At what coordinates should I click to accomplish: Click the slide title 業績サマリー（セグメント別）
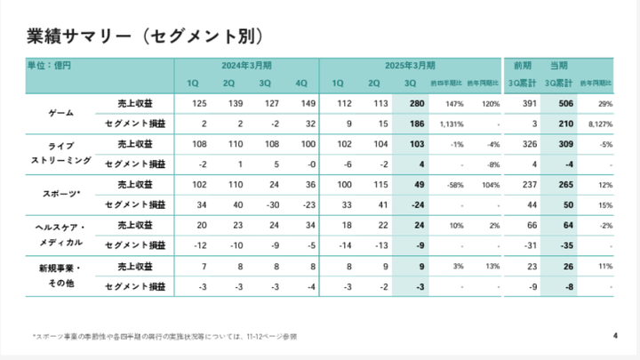click(x=145, y=36)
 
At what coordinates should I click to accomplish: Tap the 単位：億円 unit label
click(x=50, y=66)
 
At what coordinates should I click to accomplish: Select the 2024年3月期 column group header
click(x=246, y=66)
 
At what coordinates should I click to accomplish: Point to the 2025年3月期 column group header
click(x=410, y=66)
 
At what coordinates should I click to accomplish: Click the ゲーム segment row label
click(x=60, y=113)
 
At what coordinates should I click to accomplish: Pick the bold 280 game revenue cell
click(x=414, y=103)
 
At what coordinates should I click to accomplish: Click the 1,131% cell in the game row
click(x=451, y=124)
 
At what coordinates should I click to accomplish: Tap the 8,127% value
click(x=596, y=124)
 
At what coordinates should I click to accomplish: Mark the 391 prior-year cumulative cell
click(x=528, y=103)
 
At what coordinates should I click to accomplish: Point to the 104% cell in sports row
click(x=491, y=185)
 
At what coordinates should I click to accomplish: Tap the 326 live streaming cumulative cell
click(x=528, y=144)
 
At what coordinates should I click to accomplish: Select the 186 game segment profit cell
click(x=414, y=124)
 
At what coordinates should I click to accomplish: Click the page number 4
click(x=615, y=335)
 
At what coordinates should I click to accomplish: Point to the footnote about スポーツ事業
click(x=164, y=336)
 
